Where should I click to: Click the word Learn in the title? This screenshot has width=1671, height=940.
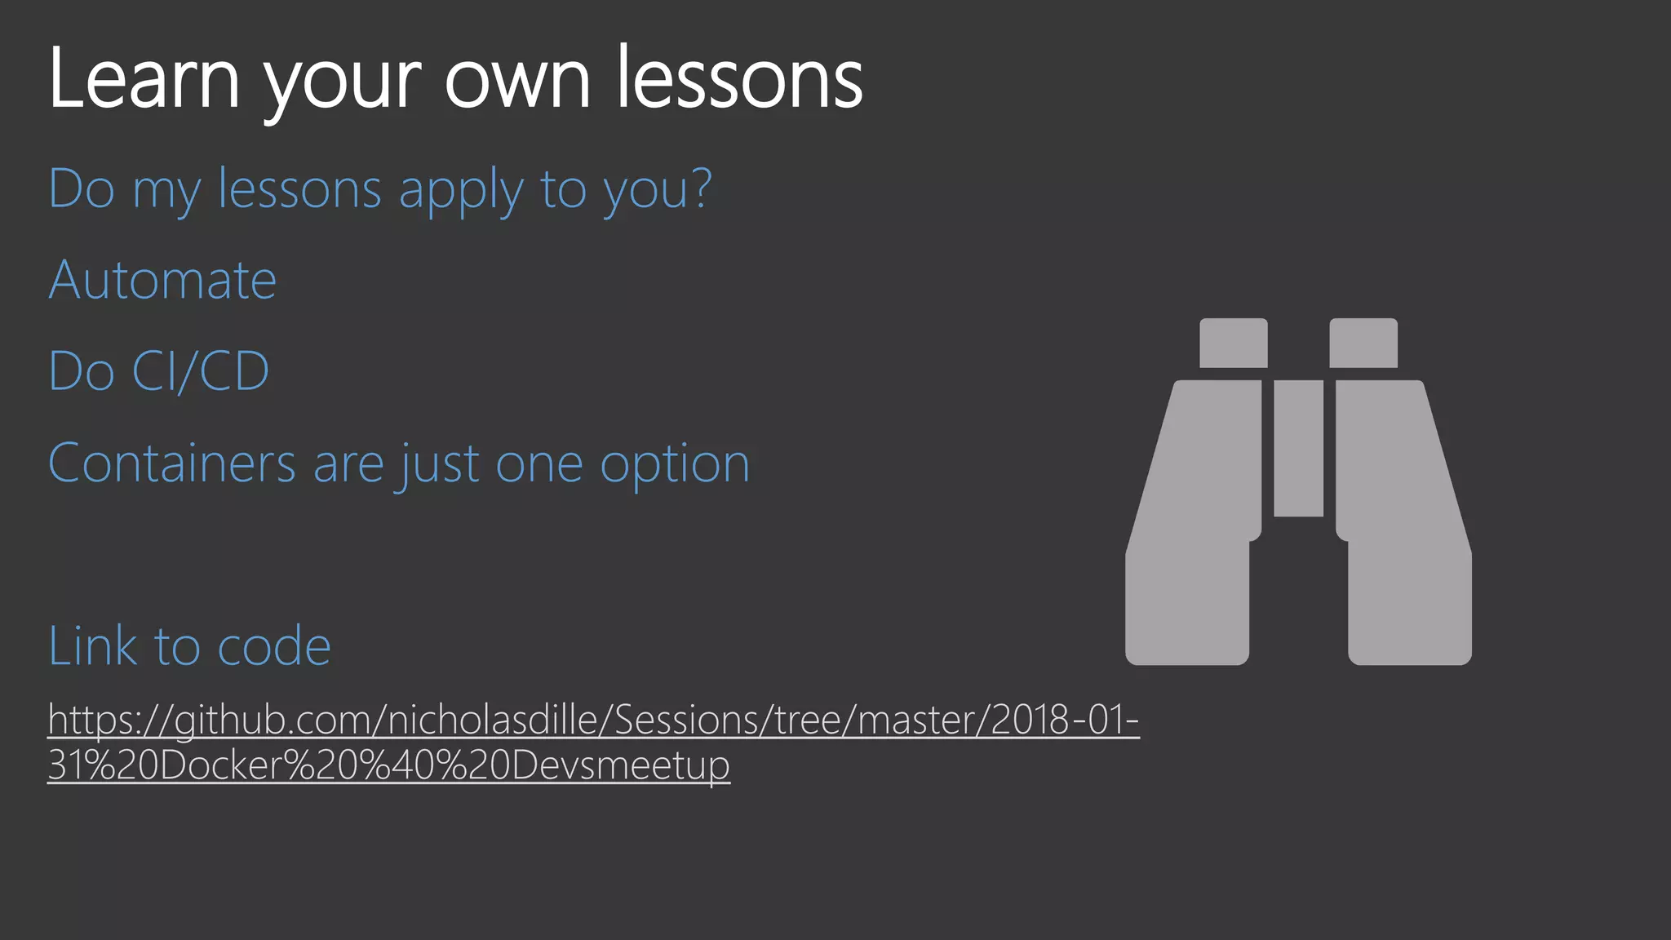[144, 78]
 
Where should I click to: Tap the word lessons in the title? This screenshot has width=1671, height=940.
[739, 78]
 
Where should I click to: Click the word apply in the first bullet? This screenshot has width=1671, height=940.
[460, 191]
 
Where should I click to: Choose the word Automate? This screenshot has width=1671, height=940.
[162, 281]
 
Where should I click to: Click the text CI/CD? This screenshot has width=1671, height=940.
[200, 372]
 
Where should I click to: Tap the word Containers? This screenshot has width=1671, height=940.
[171, 463]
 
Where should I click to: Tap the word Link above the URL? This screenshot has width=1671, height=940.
[92, 646]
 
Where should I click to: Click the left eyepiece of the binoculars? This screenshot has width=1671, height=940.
[1233, 343]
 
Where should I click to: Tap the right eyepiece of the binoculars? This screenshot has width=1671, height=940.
[1363, 343]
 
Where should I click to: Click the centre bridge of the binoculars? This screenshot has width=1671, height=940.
[1298, 448]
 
